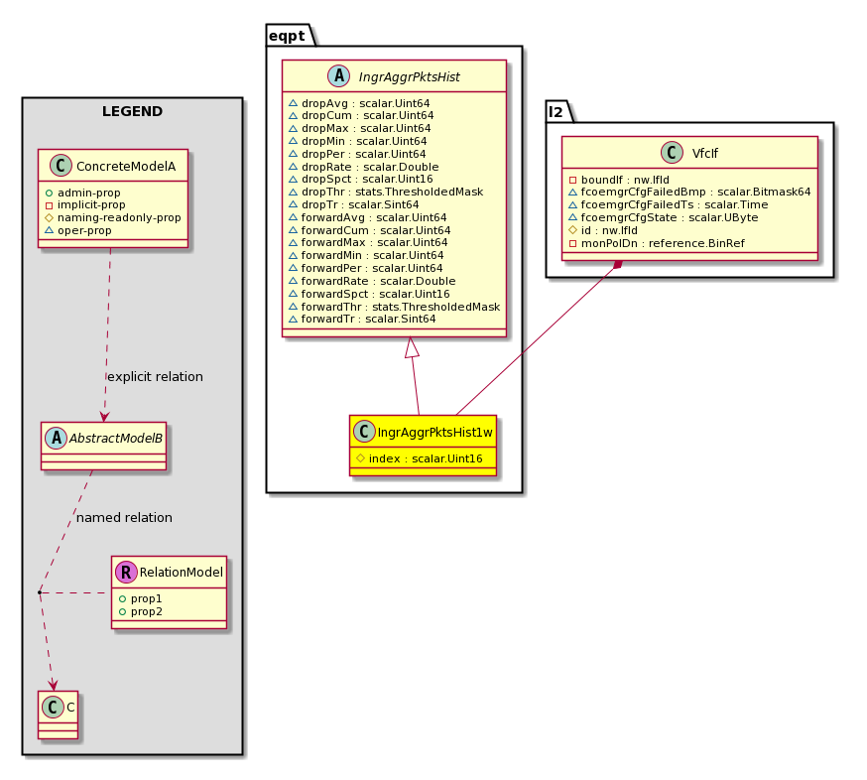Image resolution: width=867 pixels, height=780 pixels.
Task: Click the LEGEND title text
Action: [x=132, y=111]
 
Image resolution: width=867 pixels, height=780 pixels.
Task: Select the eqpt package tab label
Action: [x=287, y=37]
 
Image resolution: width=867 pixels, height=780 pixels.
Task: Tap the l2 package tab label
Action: [x=556, y=112]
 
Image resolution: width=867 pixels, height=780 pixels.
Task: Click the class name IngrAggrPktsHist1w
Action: [x=434, y=432]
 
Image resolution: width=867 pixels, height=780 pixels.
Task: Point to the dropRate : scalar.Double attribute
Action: [x=370, y=167]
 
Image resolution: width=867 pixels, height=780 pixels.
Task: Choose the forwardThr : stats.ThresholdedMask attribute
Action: [x=401, y=307]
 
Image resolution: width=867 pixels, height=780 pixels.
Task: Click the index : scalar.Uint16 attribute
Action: [x=426, y=458]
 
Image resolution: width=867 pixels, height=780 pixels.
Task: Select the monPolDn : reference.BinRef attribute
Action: [x=663, y=243]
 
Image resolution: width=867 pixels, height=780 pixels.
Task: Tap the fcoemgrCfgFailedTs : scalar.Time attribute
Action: [x=674, y=204]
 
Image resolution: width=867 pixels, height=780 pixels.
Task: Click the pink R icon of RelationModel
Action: [x=126, y=572]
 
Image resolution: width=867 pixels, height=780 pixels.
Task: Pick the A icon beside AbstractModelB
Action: [x=56, y=438]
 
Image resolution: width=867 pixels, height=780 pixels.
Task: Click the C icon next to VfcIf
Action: [x=672, y=153]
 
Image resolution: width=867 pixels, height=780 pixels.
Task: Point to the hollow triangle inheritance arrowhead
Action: [x=412, y=347]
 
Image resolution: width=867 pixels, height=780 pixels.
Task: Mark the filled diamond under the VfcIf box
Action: [x=618, y=265]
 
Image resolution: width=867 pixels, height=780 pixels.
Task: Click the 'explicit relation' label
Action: [x=155, y=377]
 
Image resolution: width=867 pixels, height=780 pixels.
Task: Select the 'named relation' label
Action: [x=124, y=518]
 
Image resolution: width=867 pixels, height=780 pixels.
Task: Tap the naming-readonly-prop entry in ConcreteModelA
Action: [x=119, y=218]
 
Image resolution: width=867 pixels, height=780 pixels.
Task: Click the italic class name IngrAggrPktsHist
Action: [x=409, y=76]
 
